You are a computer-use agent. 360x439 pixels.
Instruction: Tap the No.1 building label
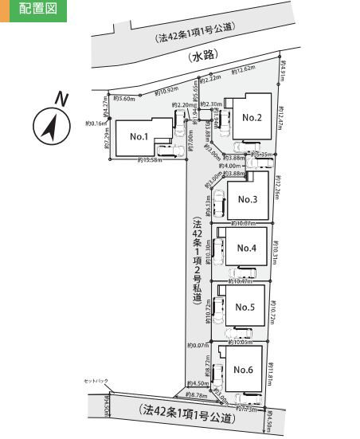click(x=139, y=136)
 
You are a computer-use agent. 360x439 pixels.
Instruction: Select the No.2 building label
click(x=252, y=118)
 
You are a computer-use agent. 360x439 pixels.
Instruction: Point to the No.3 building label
click(x=248, y=199)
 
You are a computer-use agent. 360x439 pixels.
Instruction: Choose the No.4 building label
click(x=246, y=248)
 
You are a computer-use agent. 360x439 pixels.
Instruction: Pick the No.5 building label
click(x=245, y=308)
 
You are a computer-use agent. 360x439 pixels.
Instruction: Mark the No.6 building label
click(x=243, y=368)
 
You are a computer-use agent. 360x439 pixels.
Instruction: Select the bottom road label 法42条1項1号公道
click(x=186, y=414)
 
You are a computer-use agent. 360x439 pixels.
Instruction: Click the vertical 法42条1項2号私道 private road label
click(x=197, y=263)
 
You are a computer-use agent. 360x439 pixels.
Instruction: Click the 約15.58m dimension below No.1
click(x=150, y=161)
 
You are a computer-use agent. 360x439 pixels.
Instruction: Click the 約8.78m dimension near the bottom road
click(x=197, y=396)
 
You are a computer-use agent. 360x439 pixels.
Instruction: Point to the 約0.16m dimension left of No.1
click(x=95, y=123)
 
